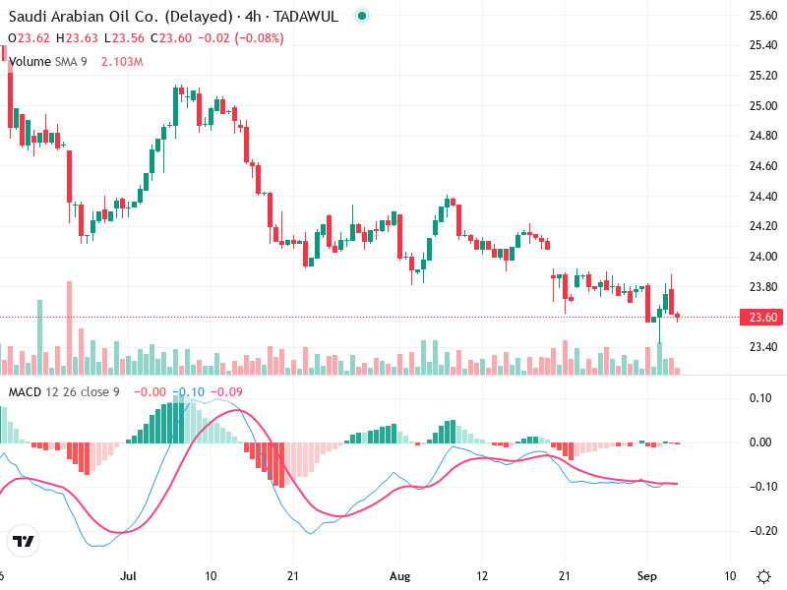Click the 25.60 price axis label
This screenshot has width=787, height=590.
762,16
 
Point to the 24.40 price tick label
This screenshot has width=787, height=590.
762,197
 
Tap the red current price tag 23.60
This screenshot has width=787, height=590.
762,317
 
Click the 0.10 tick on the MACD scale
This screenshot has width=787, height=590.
759,397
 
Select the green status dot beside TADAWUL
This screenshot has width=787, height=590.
361,17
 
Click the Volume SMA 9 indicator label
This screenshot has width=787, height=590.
47,62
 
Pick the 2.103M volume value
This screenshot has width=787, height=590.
122,62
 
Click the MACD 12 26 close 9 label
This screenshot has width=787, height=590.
64,392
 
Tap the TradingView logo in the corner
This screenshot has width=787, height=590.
24,541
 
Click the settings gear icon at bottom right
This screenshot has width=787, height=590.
763,575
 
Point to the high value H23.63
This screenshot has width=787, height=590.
77,38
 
